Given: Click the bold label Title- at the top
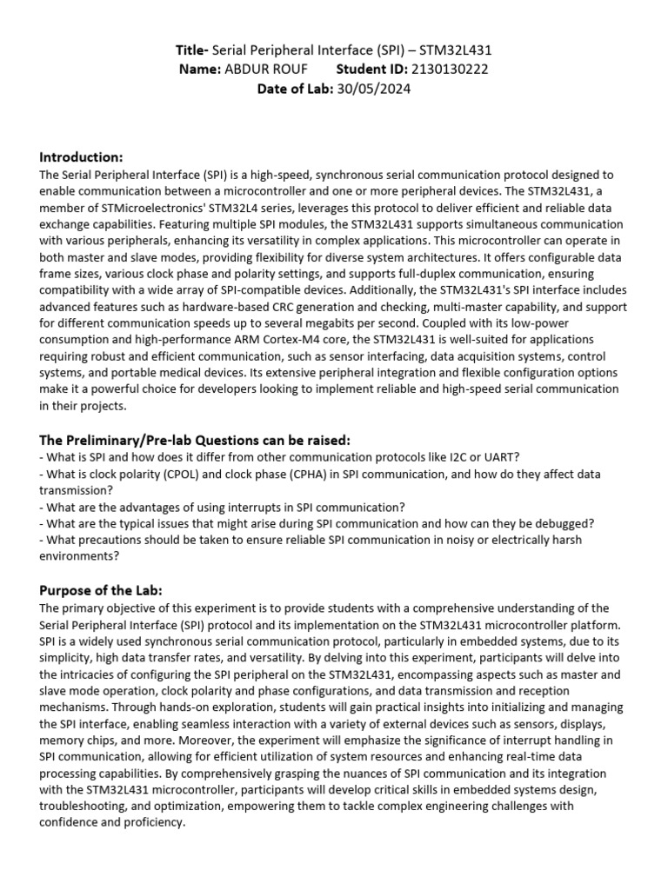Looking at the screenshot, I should pos(192,51).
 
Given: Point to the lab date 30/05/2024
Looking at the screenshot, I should pos(374,88).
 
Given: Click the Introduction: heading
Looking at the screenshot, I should pos(82,157).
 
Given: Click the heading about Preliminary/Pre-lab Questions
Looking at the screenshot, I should pos(196,440).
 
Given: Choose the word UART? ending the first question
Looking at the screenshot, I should pos(504,457).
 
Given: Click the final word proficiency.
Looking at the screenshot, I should pos(154,822).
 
